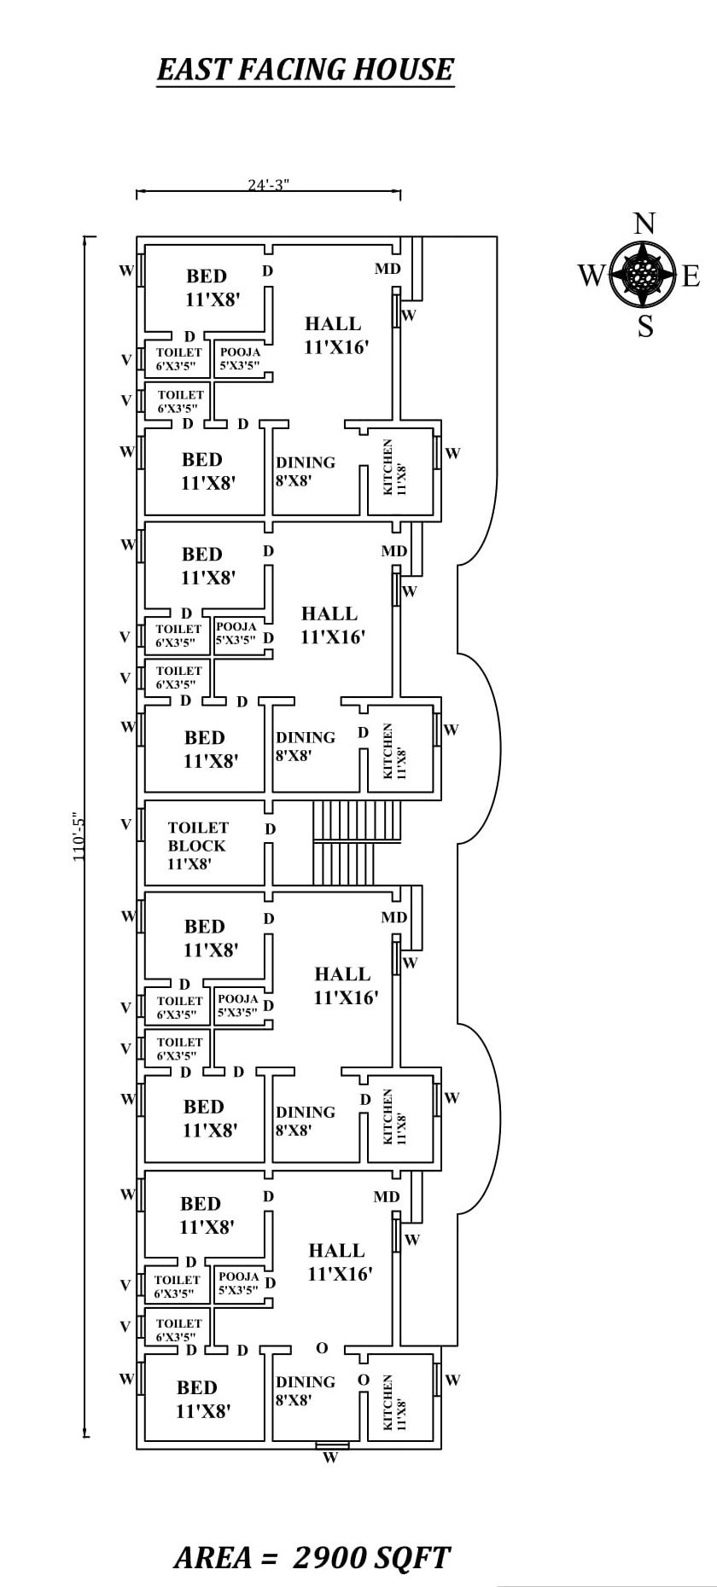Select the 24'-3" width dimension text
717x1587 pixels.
[x=268, y=184]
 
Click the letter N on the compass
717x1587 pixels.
[x=644, y=224]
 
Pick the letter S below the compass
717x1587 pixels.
[x=645, y=326]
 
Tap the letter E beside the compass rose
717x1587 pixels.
[x=691, y=276]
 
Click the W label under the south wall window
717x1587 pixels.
[x=330, y=1457]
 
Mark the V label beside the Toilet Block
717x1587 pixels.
[x=126, y=824]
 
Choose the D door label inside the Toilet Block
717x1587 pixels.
[x=270, y=828]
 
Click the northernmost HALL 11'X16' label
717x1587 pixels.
[x=335, y=334]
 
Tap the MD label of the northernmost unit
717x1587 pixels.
[x=388, y=269]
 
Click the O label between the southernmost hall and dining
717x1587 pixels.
[x=321, y=1348]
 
